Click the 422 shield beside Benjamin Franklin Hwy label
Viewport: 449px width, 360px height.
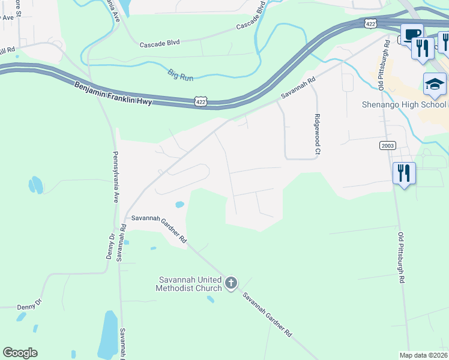[x=201, y=102]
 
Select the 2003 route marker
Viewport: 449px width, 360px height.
[x=387, y=146]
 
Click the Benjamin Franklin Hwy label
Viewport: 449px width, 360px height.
[x=114, y=93]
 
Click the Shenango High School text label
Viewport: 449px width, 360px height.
[x=404, y=104]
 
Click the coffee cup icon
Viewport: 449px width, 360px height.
[x=412, y=35]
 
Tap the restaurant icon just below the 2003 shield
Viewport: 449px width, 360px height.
[x=404, y=173]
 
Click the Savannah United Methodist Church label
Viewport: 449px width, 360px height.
[x=190, y=284]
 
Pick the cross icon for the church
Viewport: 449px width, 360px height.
[x=232, y=283]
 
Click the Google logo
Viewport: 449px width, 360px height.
[x=20, y=353]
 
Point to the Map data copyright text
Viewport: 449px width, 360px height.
[x=424, y=355]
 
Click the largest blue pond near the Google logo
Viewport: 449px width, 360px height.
[x=108, y=334]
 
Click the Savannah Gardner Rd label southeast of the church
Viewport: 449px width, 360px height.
[x=267, y=314]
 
